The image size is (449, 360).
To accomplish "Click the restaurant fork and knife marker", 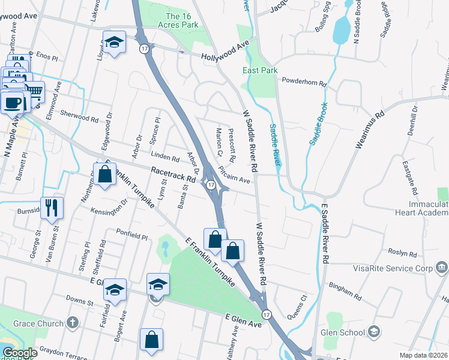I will (52, 208).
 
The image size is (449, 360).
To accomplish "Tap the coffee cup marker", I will (13, 101).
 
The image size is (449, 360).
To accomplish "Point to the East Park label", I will (260, 70).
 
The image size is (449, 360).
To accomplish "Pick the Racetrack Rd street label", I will (174, 175).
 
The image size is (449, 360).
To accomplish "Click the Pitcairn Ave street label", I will (234, 175).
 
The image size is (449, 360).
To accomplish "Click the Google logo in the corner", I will (19, 353).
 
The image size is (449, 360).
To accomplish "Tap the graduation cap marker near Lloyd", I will (113, 43).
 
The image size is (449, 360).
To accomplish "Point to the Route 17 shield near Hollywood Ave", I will (145, 49).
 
